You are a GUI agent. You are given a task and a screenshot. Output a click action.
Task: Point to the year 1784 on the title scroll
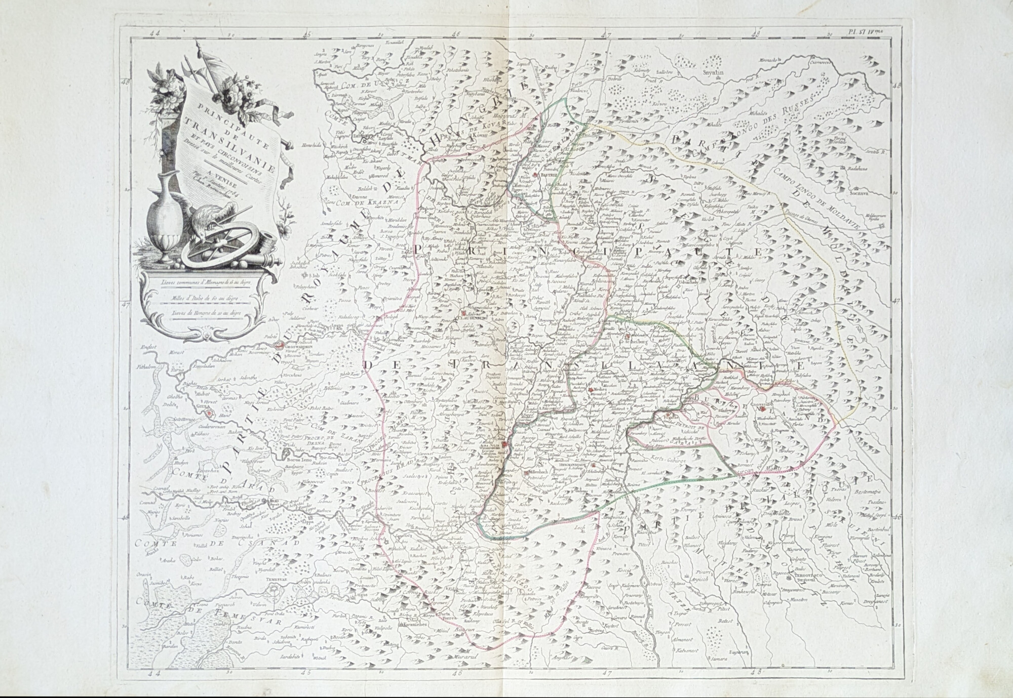tap(251, 194)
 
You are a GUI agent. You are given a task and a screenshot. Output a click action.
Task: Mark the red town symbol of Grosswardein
tap(279, 346)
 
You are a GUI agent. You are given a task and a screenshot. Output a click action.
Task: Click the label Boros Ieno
tap(285, 461)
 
